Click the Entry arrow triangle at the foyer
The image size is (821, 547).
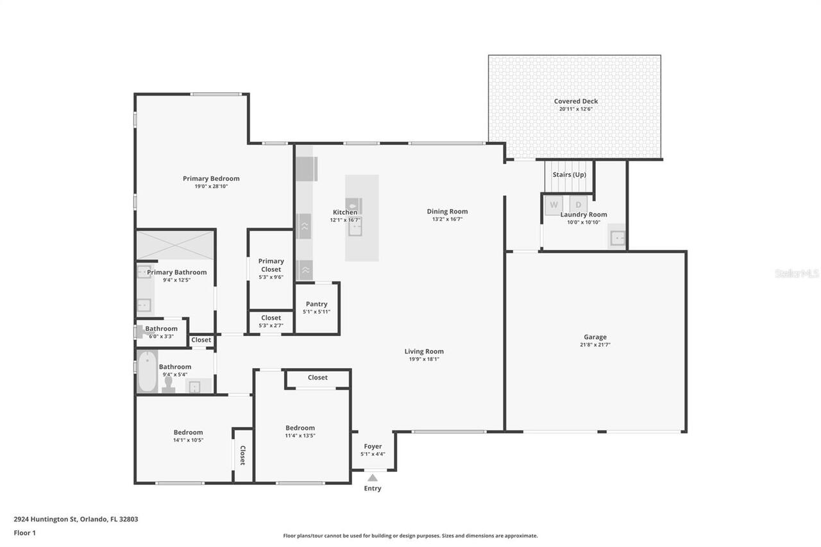click(x=373, y=476)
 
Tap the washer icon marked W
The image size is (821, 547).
click(x=553, y=205)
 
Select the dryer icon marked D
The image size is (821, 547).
click(x=578, y=205)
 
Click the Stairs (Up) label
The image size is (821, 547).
click(x=569, y=174)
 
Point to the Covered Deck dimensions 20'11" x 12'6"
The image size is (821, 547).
click(x=575, y=110)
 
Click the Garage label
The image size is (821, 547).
click(x=595, y=337)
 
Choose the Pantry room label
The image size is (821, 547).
click(x=316, y=304)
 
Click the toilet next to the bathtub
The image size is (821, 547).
click(x=169, y=383)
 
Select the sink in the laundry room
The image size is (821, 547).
click(x=616, y=238)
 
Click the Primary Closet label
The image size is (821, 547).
click(x=271, y=265)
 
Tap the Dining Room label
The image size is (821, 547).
click(x=447, y=212)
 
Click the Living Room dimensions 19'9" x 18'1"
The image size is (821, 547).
click(x=424, y=359)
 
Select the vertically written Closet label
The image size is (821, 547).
click(x=242, y=455)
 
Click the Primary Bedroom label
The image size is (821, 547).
click(x=211, y=179)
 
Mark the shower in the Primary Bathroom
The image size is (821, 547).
click(x=175, y=245)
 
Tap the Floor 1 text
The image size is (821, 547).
click(x=25, y=533)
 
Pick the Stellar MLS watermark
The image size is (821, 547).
click(x=797, y=274)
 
